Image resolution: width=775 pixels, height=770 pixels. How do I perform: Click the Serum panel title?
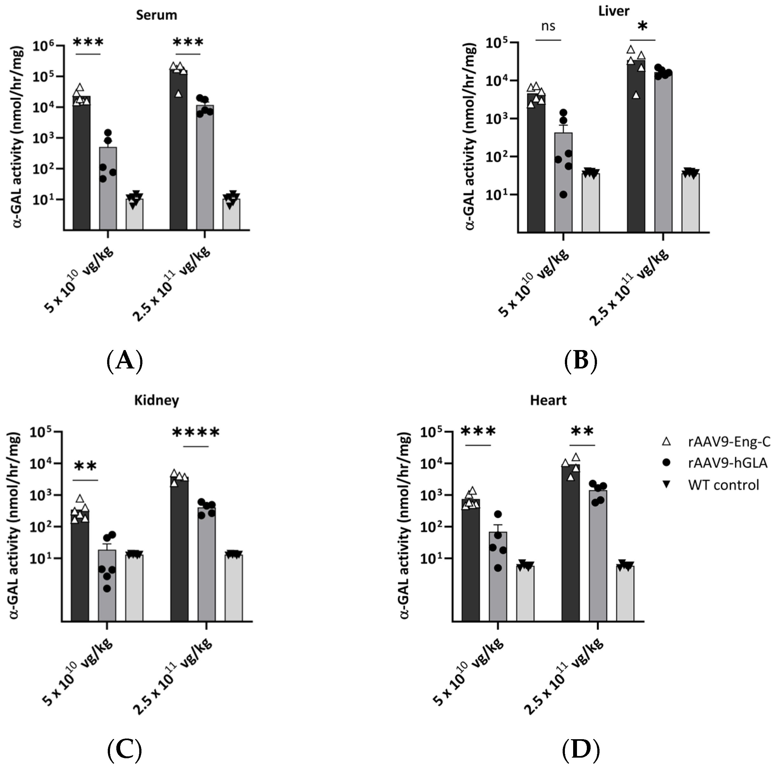tap(156, 15)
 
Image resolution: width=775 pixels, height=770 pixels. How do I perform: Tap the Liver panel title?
tap(614, 11)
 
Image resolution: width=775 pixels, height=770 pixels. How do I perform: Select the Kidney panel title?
tap(156, 400)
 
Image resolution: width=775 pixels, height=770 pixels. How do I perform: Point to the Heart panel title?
tap(548, 400)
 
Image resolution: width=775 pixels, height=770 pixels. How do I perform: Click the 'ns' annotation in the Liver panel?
tap(548, 26)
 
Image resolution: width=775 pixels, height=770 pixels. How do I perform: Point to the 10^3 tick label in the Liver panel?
tap(497, 119)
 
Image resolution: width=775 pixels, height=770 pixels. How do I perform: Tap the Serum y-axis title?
tap(18, 136)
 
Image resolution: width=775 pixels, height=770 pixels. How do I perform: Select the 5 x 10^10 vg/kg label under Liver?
tap(533, 283)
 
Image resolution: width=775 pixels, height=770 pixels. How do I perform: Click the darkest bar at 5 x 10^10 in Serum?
tap(81, 164)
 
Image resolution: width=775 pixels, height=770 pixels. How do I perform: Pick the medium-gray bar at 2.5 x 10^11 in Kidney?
tap(206, 565)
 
